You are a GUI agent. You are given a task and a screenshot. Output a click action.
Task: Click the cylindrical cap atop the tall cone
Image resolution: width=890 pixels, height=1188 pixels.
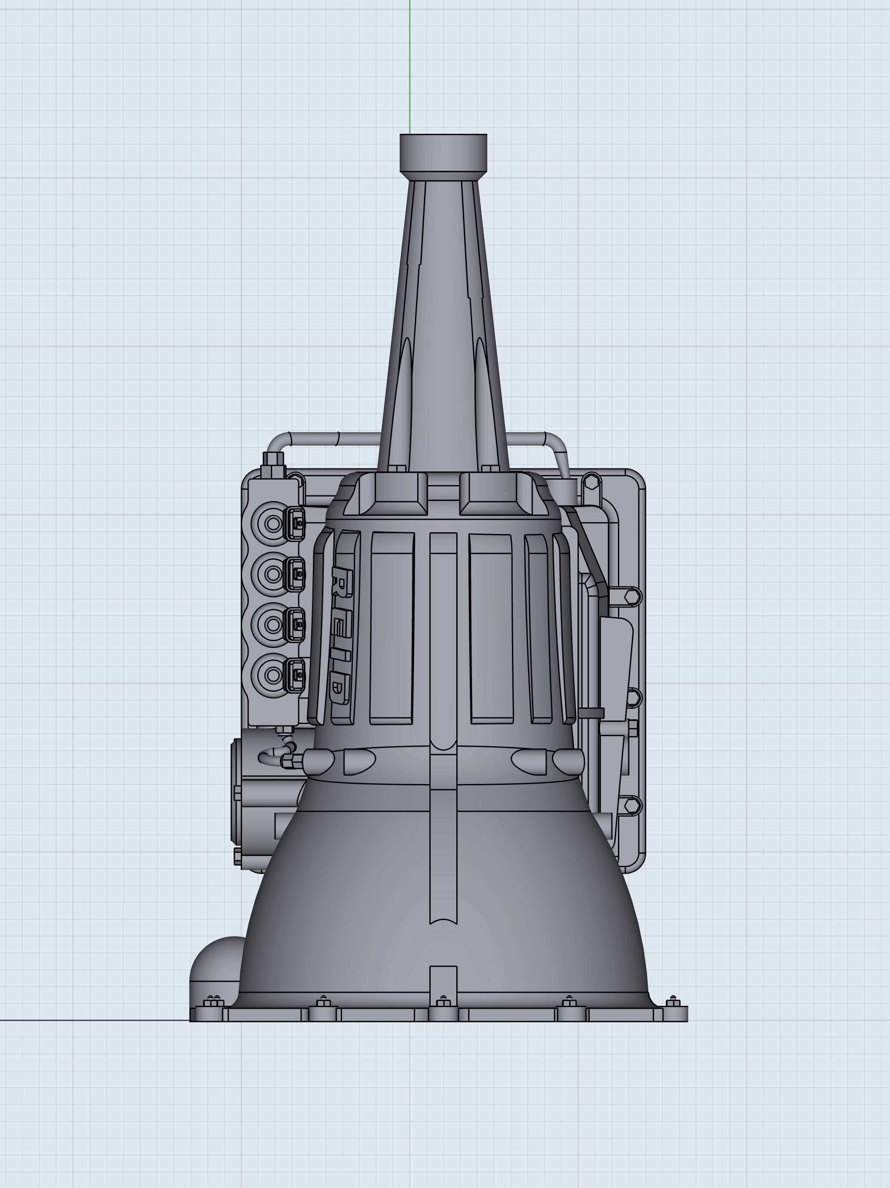pyautogui.click(x=443, y=153)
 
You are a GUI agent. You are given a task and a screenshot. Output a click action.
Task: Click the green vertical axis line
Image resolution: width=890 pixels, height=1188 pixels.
pyautogui.click(x=409, y=64)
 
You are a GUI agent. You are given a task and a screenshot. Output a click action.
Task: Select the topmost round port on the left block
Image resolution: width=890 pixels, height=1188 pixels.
pyautogui.click(x=272, y=523)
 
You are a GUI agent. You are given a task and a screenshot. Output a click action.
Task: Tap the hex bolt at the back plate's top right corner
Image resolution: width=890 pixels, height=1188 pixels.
pyautogui.click(x=591, y=481)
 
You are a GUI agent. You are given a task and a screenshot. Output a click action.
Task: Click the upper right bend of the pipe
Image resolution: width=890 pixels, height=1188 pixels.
pyautogui.click(x=558, y=443)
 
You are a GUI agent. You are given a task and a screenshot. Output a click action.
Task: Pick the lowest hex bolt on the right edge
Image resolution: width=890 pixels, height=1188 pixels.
pyautogui.click(x=632, y=805)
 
